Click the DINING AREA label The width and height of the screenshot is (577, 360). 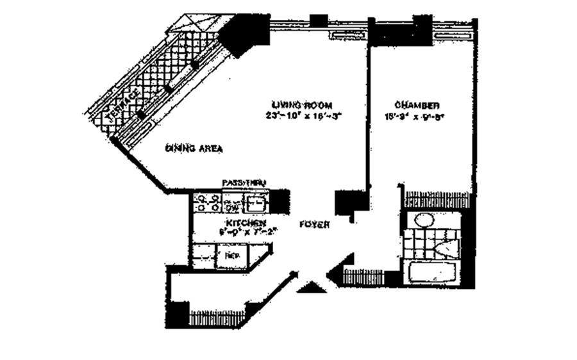(x=194, y=148)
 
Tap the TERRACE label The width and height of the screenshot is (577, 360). (x=123, y=106)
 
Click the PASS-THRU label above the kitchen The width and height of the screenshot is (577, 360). (x=243, y=183)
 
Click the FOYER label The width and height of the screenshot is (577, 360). (x=315, y=225)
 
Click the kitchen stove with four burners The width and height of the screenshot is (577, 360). (x=206, y=204)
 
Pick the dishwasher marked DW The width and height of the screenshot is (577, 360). (x=231, y=207)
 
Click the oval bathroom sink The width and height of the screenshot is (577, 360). (x=424, y=220)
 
